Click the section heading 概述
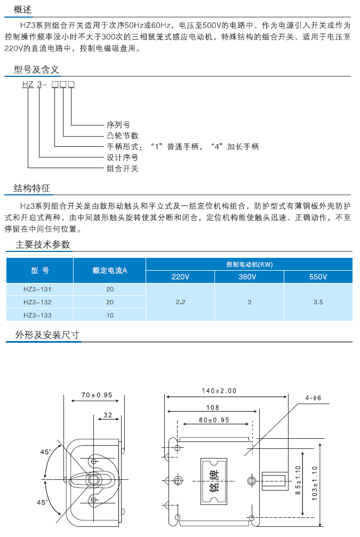point(22,9)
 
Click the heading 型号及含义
point(36,69)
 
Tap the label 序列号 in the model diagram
point(118,125)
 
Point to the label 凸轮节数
point(123,136)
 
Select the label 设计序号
point(123,157)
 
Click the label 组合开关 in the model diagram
point(123,169)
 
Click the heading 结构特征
point(32,188)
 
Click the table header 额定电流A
point(110,271)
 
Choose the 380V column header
point(247,277)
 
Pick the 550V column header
point(318,277)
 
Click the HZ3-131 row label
point(37,289)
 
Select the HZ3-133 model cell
point(37,315)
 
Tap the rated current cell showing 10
point(110,315)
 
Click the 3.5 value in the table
point(318,302)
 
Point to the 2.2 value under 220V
point(181,302)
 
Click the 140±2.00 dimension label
point(219,391)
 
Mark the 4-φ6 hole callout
point(313,398)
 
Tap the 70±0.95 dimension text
point(97,395)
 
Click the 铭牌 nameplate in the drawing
point(214,481)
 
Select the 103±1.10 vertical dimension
point(315,483)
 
